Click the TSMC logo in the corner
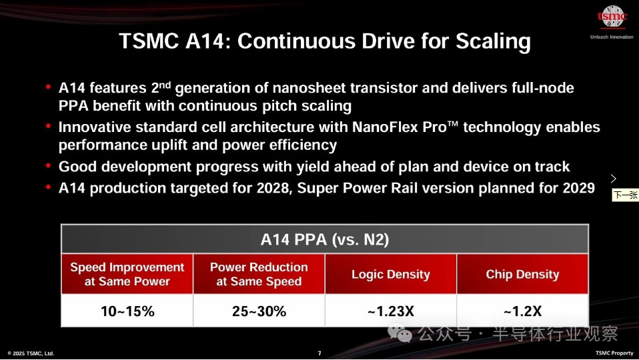tap(612, 17)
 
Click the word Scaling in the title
tap(493, 41)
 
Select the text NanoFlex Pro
tap(399, 127)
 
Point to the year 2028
tap(273, 188)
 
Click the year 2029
tap(579, 188)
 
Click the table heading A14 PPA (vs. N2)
tap(325, 239)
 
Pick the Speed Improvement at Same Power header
tap(127, 274)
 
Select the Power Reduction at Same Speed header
tap(259, 274)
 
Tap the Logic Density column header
tap(391, 275)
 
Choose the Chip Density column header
tap(522, 275)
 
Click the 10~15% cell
tap(127, 311)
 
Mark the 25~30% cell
tap(259, 311)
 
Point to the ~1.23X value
tap(391, 311)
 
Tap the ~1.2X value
tap(523, 311)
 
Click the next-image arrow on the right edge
tap(614, 179)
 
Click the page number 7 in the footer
tap(319, 353)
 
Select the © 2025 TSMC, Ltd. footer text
tap(31, 353)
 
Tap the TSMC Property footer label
tap(614, 353)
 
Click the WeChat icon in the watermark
tap(400, 333)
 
